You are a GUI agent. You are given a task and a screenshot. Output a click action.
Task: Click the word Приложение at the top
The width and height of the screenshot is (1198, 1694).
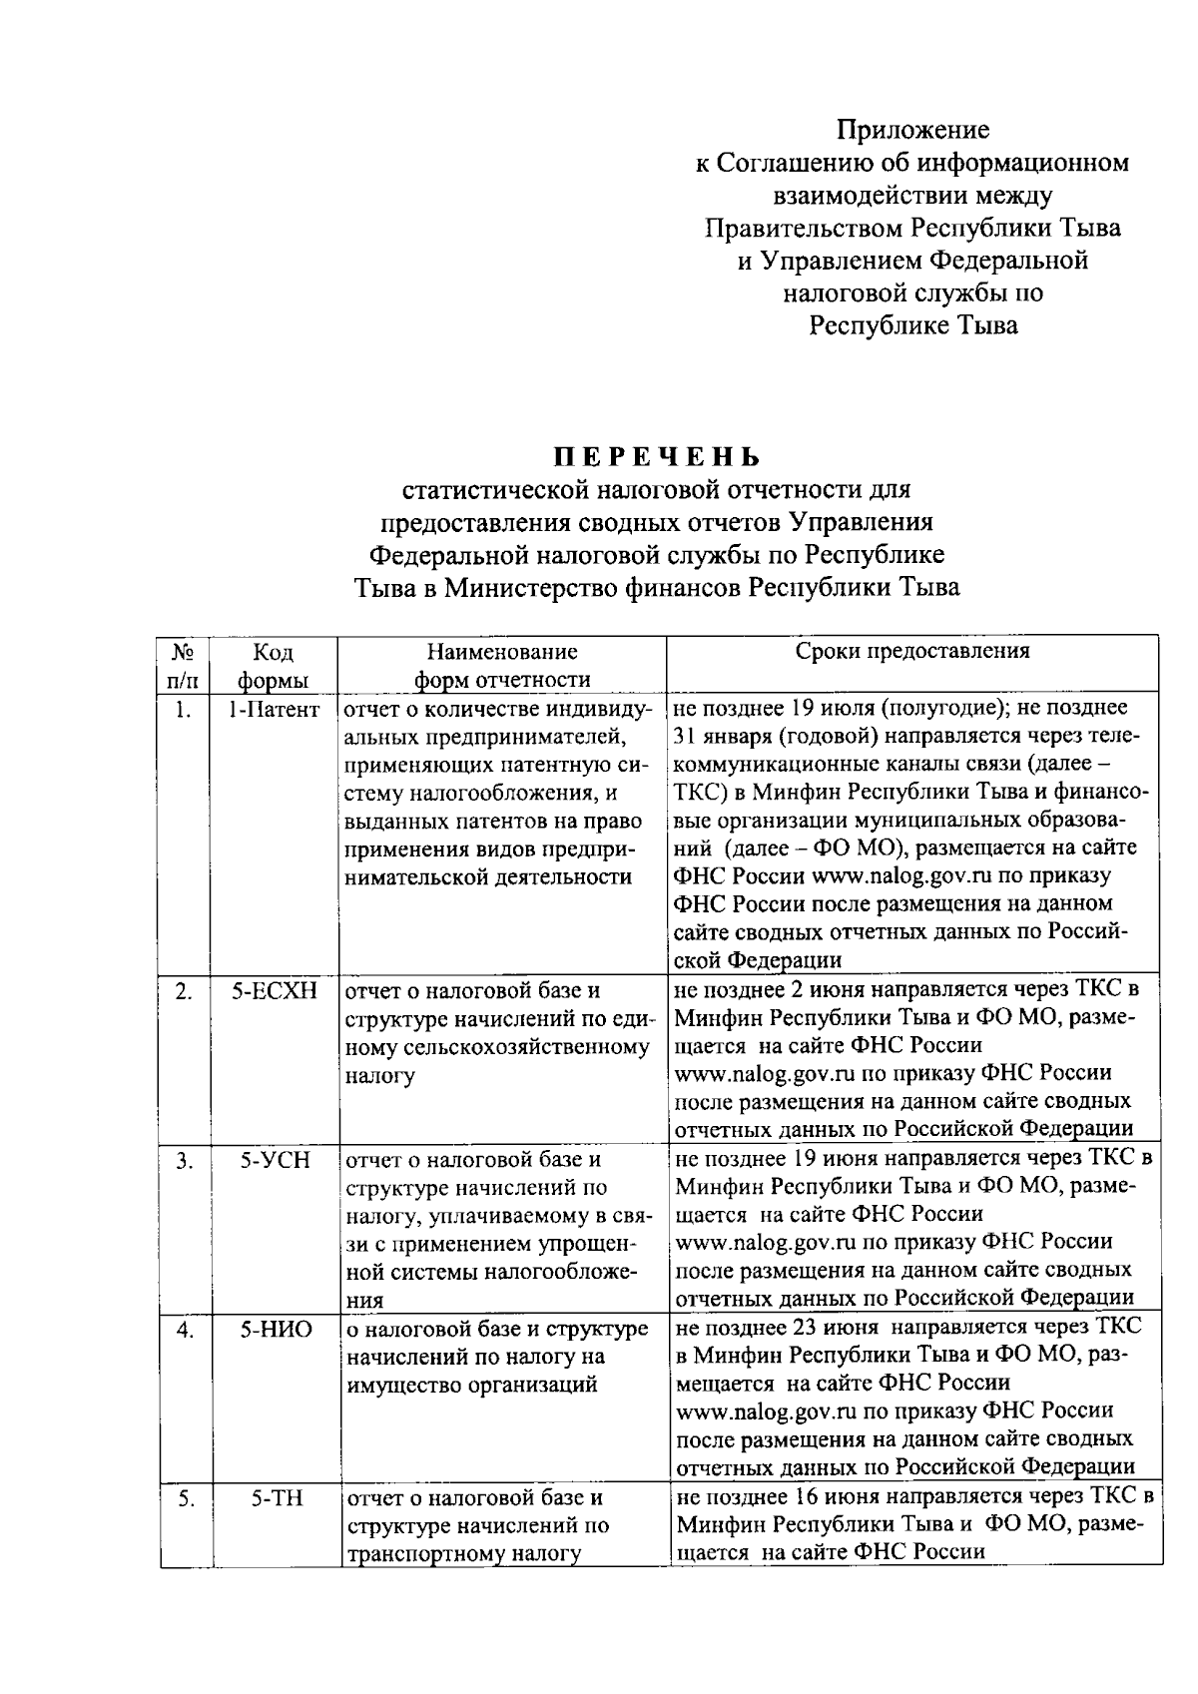[x=912, y=130]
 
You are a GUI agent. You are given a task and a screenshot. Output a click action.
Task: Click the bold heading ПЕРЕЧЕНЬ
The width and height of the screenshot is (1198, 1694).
[x=659, y=457]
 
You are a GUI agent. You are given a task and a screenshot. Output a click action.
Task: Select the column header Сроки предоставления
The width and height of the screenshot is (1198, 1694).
[x=912, y=652]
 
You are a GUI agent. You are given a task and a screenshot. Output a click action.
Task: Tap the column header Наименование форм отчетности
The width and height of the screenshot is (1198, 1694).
[x=502, y=666]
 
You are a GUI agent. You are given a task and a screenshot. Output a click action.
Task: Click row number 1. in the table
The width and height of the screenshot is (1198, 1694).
[x=183, y=710]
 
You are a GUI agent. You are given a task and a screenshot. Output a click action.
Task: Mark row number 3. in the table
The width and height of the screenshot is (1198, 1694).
[x=184, y=1160]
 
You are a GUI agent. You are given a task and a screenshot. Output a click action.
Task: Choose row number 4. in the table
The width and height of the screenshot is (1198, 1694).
[x=184, y=1329]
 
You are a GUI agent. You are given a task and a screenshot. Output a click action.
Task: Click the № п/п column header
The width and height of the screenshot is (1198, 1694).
[x=183, y=666]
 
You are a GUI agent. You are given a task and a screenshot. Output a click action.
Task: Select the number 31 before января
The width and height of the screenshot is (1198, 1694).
[x=685, y=737]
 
